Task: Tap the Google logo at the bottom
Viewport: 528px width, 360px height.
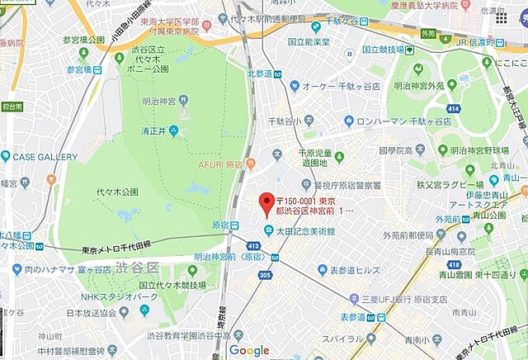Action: point(249,351)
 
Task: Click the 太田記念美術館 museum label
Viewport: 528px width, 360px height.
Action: point(305,230)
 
